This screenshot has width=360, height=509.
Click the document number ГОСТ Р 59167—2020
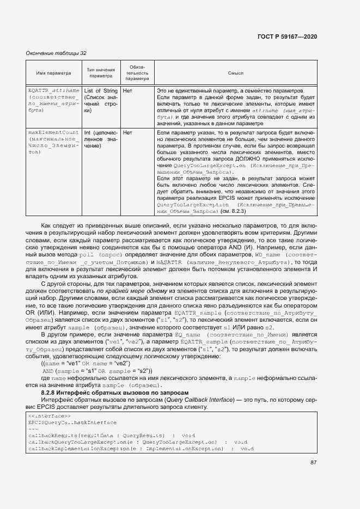pos(286,36)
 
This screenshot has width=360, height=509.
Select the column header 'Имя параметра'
pos(53,73)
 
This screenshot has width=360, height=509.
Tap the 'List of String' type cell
pos(101,90)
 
